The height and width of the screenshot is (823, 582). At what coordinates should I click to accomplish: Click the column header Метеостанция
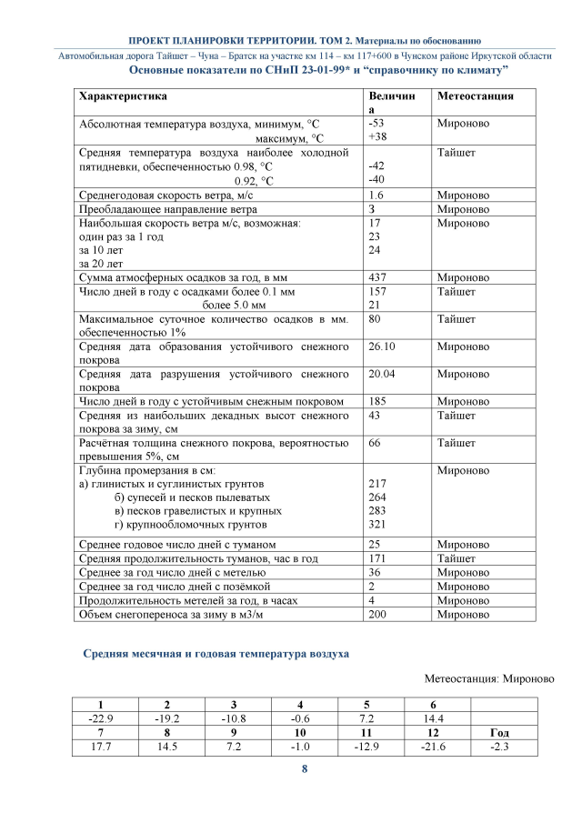pos(476,95)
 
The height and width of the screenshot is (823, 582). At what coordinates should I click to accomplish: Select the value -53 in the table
pos(375,123)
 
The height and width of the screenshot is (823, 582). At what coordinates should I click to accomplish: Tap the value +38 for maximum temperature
pos(376,137)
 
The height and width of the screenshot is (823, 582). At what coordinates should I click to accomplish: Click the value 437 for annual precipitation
pos(376,277)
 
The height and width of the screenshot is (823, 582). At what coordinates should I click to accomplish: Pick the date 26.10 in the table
pos(381,346)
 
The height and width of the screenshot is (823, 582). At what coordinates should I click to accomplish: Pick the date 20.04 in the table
pos(381,374)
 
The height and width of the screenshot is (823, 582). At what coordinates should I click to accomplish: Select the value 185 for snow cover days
pos(376,401)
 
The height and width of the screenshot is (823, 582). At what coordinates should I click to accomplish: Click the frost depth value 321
pos(376,525)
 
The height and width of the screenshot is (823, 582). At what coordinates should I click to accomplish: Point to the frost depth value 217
pos(376,484)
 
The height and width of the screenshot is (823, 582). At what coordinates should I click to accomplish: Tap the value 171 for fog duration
pos(376,557)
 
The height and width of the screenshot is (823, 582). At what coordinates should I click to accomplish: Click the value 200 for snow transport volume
pos(376,614)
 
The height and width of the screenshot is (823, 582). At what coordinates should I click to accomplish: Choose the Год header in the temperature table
pos(498,732)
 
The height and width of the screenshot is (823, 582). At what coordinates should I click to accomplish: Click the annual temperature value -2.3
pos(498,747)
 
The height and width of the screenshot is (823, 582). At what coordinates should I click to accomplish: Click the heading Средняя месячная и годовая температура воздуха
pos(216,653)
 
